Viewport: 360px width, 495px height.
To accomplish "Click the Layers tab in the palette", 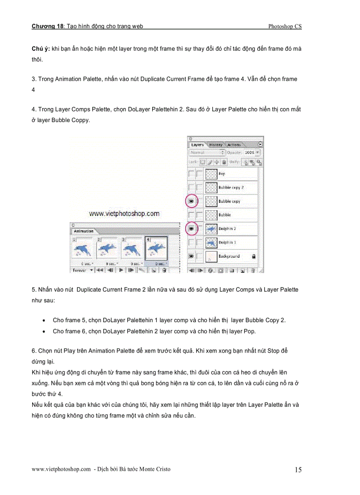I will pos(197,145).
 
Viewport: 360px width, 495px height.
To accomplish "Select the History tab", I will pos(216,145).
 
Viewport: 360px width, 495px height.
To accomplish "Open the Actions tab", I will pos(234,145).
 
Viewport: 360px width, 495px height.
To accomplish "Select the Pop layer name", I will pos(222,174).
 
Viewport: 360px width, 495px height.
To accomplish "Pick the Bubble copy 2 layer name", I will pos(231,188).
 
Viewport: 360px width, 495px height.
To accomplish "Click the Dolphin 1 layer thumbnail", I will pos(212,242).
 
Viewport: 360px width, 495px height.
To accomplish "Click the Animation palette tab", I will pos(83,231).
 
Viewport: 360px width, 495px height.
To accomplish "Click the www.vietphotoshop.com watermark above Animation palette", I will pos(124,214).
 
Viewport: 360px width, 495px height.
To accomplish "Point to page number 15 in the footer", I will pos(298,470).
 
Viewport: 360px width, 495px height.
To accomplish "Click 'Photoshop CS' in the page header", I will pos(285,26).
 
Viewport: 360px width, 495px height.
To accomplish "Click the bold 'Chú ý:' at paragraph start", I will pos(41,49).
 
